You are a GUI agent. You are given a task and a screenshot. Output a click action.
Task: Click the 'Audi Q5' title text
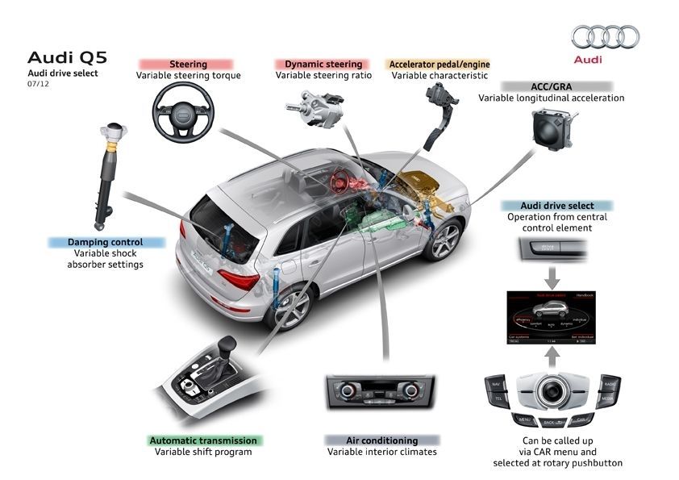(x=67, y=57)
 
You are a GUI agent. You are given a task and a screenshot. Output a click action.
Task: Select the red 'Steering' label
(x=189, y=64)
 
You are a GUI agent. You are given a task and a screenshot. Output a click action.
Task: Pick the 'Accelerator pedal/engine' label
(x=440, y=64)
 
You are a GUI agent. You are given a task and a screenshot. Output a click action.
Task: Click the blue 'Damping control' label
(x=106, y=242)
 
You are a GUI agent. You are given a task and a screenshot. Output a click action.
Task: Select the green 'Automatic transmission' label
(x=203, y=440)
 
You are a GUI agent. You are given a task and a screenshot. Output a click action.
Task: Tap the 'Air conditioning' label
(x=381, y=440)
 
